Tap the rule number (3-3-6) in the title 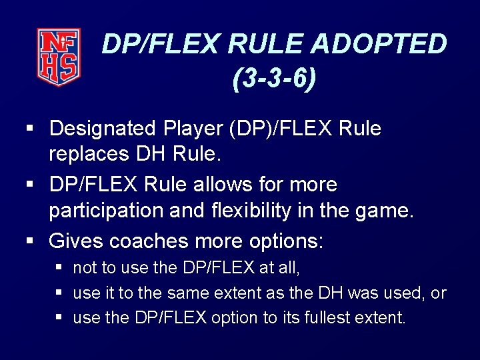tap(275, 79)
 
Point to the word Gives tap(76, 240)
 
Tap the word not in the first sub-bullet tap(85, 268)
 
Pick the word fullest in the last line tap(329, 318)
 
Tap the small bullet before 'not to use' tap(61, 269)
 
